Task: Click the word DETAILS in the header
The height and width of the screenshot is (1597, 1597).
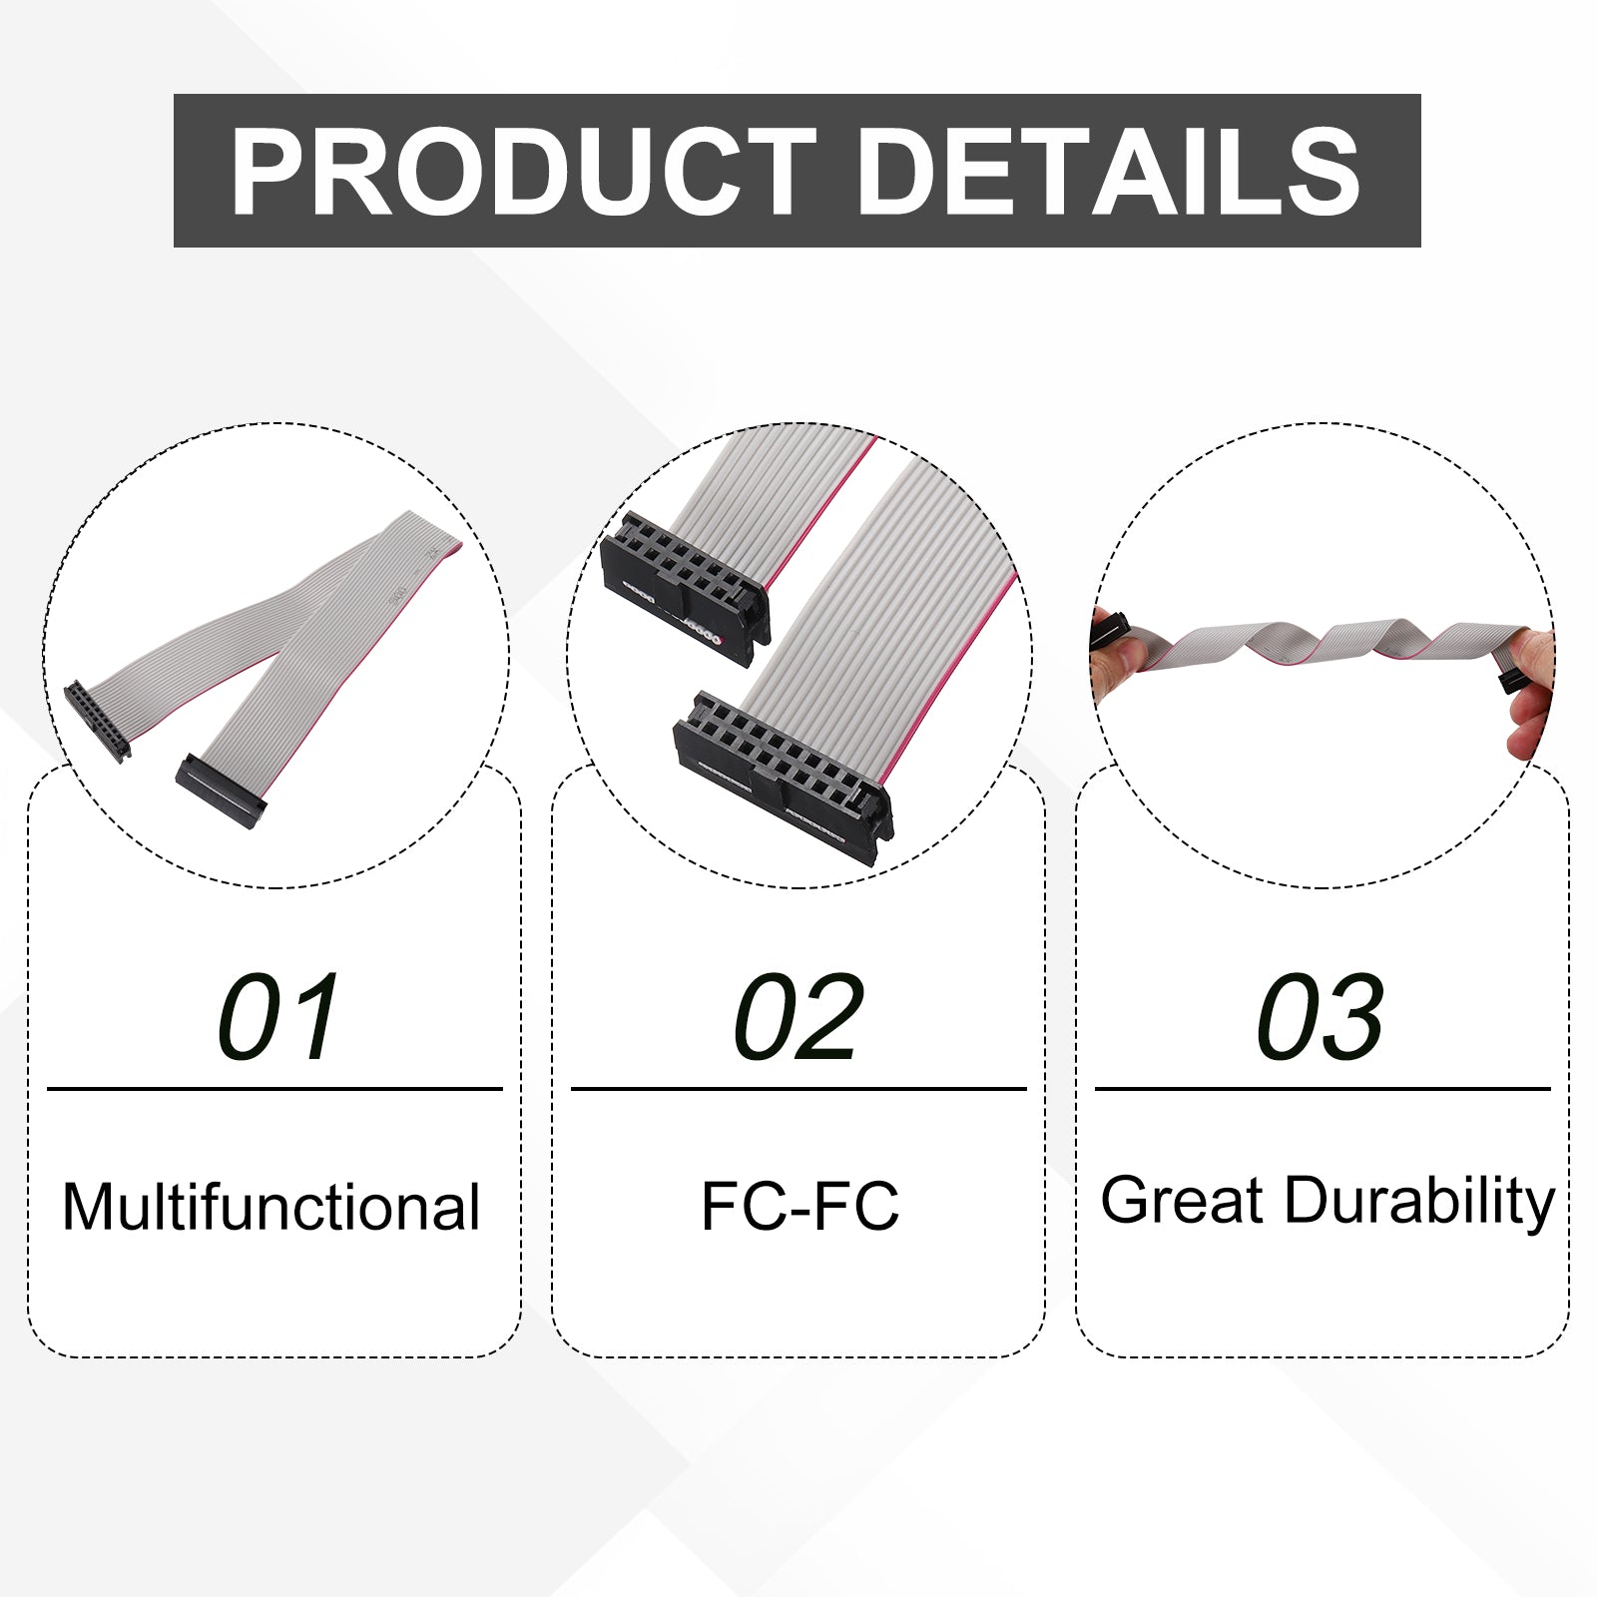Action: coord(1109,172)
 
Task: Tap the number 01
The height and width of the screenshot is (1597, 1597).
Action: coord(278,1017)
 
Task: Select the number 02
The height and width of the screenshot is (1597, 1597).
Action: coord(797,1017)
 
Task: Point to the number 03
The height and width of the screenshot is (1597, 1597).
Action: coord(1320,1017)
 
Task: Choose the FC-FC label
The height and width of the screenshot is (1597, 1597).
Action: coord(799,1206)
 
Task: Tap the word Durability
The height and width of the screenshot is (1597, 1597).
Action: coord(1419,1202)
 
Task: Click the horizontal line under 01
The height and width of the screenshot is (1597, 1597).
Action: coord(274,1089)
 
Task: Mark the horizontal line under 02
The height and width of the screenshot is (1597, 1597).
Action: coord(798,1089)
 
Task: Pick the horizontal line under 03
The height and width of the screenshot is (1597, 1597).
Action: coord(1323,1089)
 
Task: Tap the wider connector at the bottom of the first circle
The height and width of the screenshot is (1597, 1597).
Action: coord(221,788)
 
